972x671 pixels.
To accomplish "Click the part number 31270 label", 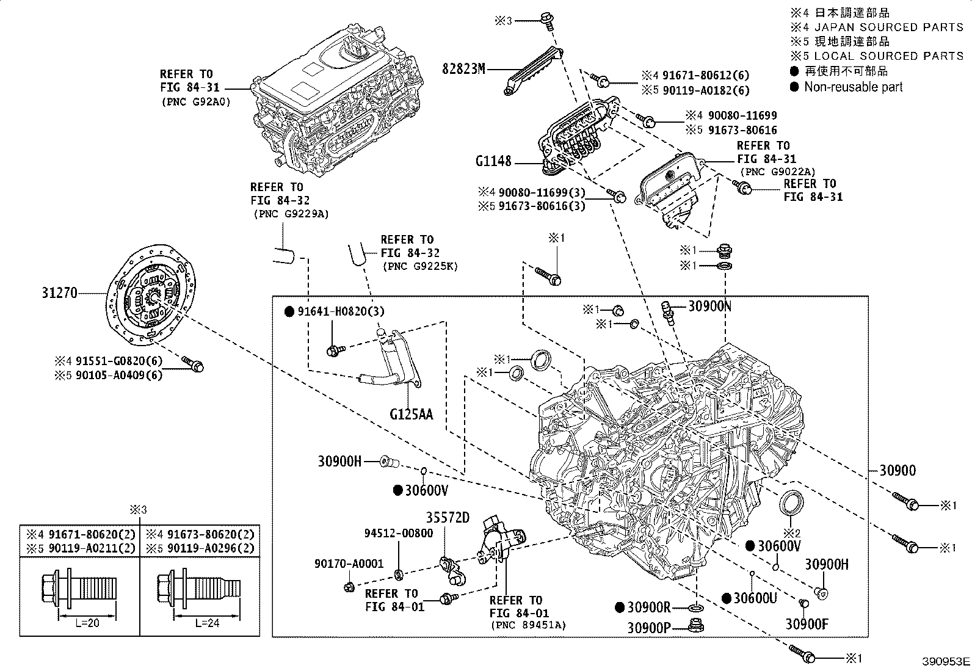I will (x=60, y=293).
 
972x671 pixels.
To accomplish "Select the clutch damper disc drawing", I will (x=152, y=296).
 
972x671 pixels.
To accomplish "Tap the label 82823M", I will (x=463, y=69).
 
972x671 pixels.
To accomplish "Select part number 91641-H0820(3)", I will (x=341, y=311).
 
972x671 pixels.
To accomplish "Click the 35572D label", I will (x=448, y=518).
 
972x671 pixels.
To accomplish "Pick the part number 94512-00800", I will (x=399, y=533).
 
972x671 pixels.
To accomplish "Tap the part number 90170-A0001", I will (x=349, y=564).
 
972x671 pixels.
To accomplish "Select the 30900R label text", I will (x=650, y=608).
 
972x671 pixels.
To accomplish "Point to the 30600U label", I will (x=755, y=598).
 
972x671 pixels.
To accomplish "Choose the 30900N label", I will (x=709, y=306).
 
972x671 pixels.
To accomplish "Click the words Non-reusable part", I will (x=853, y=87).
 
